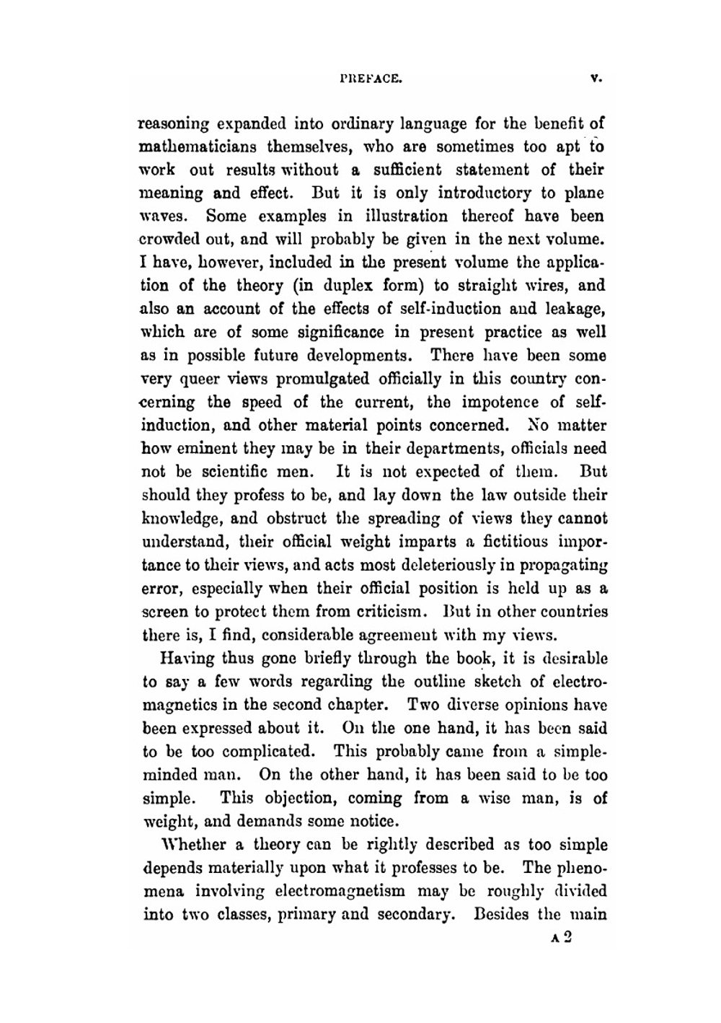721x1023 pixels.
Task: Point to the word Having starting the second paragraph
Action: pos(177,658)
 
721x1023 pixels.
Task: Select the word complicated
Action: pos(270,751)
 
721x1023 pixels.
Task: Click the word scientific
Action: pos(222,473)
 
